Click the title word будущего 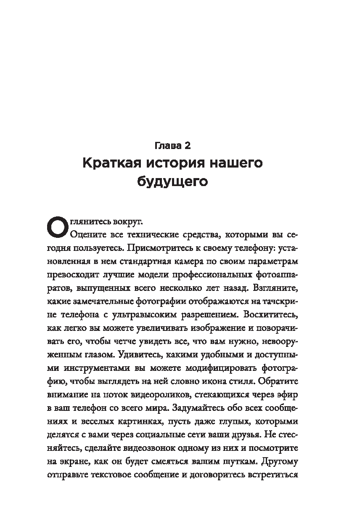tap(173, 182)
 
